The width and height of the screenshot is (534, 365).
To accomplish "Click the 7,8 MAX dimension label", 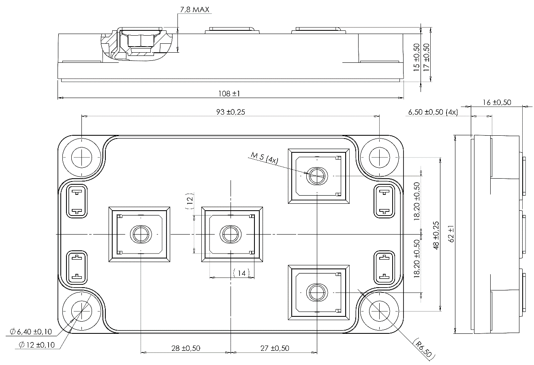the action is tap(194, 10).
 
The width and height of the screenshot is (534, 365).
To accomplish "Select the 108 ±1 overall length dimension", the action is tap(229, 94).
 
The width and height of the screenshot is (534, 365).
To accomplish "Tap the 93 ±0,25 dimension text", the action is tap(231, 112).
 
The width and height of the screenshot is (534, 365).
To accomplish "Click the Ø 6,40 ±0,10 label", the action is tap(31, 332).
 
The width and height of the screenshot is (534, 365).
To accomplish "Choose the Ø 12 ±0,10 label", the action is tap(37, 345).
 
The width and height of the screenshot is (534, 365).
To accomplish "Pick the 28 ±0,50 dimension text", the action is tap(186, 348).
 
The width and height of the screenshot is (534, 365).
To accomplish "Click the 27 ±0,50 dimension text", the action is tap(275, 348).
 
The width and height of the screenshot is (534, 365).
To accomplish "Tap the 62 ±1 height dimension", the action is tap(451, 234).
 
